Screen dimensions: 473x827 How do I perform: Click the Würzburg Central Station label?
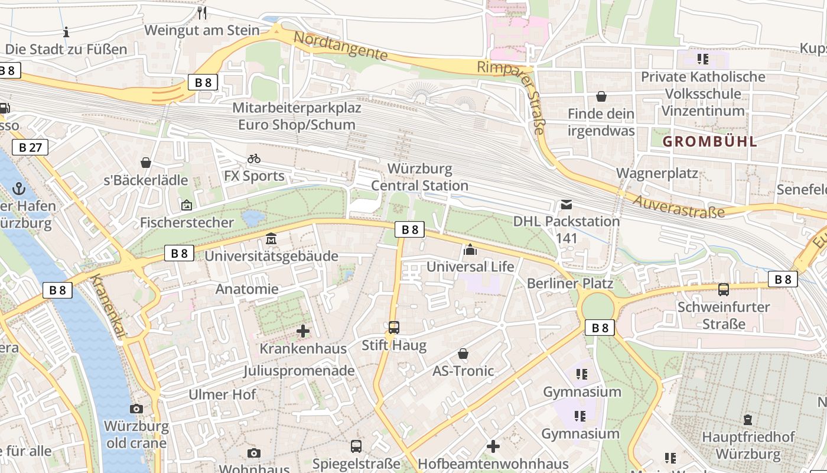pyautogui.click(x=419, y=177)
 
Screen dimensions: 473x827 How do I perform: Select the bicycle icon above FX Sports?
pyautogui.click(x=254, y=158)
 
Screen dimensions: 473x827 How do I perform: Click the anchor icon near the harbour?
pyautogui.click(x=19, y=189)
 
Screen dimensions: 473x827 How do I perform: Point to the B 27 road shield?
pyautogui.click(x=30, y=147)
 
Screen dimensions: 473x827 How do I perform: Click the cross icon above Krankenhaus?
pyautogui.click(x=303, y=331)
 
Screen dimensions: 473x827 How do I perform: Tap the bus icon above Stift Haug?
pyautogui.click(x=393, y=327)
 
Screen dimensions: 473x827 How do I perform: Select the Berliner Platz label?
pyautogui.click(x=570, y=283)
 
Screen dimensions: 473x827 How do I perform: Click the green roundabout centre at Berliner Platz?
pyautogui.click(x=598, y=306)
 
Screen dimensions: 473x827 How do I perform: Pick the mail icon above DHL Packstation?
pyautogui.click(x=566, y=205)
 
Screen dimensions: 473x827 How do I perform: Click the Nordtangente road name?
pyautogui.click(x=341, y=46)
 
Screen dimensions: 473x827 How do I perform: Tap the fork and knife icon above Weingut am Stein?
pyautogui.click(x=202, y=13)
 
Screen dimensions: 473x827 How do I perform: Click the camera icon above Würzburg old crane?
pyautogui.click(x=136, y=409)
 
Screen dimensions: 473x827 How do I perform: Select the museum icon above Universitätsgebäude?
pyautogui.click(x=271, y=239)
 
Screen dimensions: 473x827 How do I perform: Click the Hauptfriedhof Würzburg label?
pyautogui.click(x=748, y=446)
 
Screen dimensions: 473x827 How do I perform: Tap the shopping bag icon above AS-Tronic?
pyautogui.click(x=463, y=354)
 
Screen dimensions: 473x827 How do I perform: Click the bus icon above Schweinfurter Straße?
pyautogui.click(x=724, y=290)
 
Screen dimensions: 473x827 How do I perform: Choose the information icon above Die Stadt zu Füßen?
pyautogui.click(x=66, y=32)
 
